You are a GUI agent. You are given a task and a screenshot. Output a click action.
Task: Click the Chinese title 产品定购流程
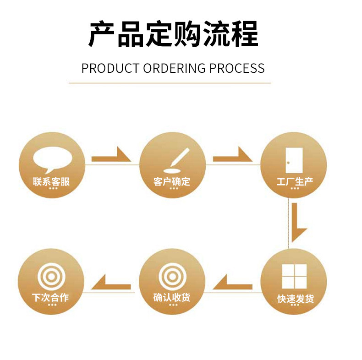tap(173, 34)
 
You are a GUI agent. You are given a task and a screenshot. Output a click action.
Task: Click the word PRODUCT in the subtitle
tap(110, 68)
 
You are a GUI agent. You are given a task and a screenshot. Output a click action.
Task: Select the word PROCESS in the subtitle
tap(237, 68)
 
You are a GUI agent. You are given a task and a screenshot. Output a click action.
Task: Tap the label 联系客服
tap(51, 181)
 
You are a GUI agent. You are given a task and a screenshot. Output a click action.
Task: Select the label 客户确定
tap(172, 181)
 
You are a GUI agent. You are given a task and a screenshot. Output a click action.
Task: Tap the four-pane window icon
tap(294, 276)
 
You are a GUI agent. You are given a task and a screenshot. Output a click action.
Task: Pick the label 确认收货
tap(172, 298)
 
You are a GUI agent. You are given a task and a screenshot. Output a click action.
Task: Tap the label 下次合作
tap(51, 298)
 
